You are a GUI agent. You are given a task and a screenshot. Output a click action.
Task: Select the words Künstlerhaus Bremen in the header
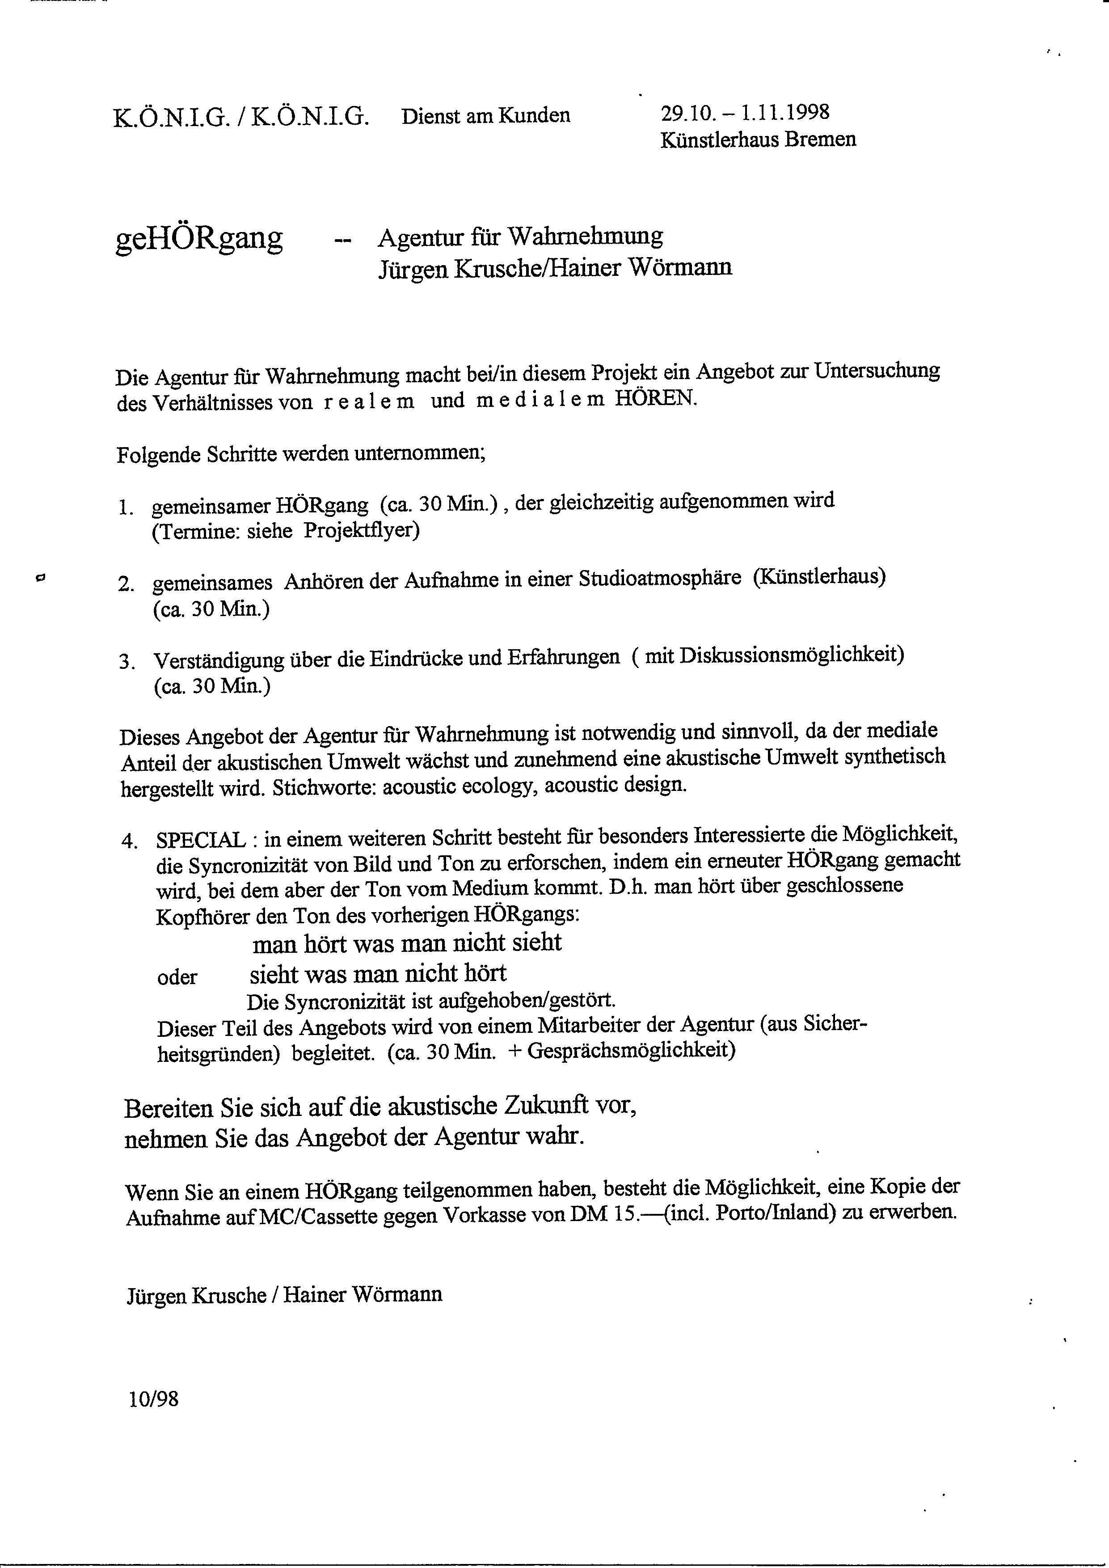click(758, 140)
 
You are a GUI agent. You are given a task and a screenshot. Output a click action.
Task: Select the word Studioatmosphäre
click(660, 579)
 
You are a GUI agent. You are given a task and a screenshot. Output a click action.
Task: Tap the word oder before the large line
click(177, 977)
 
